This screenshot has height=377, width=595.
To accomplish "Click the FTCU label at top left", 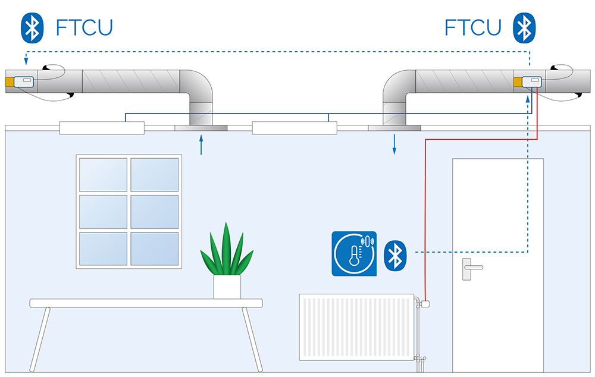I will (84, 27).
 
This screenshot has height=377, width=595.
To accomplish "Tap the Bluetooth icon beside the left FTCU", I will (33, 28).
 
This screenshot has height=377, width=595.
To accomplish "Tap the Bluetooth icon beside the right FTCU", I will (524, 28).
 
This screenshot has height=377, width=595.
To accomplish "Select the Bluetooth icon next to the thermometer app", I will (394, 256).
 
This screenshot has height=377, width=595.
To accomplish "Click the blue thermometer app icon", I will (354, 253).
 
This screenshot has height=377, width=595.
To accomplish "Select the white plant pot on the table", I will (227, 287).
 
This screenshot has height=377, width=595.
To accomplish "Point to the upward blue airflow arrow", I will (201, 145).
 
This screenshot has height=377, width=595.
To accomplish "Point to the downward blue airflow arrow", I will (394, 144).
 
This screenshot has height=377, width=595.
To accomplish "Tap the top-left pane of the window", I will (103, 175).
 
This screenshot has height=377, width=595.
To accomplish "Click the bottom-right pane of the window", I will (155, 249).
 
